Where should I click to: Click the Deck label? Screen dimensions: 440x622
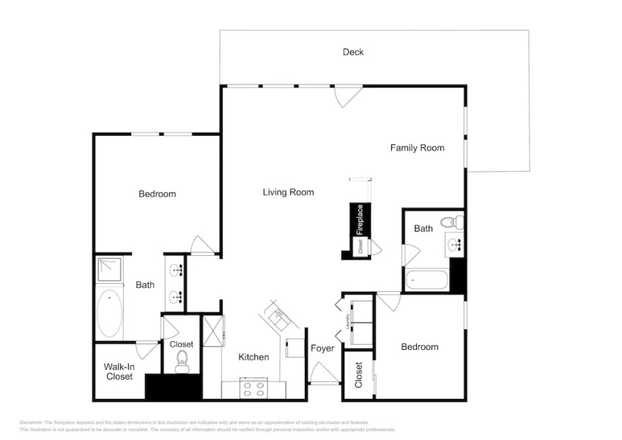[x=353, y=52]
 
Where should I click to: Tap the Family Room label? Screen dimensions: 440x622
[x=417, y=148]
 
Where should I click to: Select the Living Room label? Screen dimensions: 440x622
[x=288, y=192]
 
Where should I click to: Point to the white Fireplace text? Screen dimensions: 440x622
[x=360, y=219]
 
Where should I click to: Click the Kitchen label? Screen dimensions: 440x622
[x=253, y=357]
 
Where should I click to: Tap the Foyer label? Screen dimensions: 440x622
[x=322, y=348]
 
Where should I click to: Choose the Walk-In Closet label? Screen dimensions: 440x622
[x=118, y=371]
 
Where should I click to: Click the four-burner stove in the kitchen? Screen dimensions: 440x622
[x=254, y=389]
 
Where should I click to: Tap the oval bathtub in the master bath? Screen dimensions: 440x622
[x=110, y=312]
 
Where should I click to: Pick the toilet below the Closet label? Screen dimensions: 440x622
[x=182, y=361]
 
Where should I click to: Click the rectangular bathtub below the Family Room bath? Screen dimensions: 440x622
[x=426, y=280]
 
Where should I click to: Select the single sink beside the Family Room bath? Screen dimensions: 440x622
[x=455, y=245]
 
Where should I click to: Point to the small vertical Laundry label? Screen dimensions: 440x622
[x=347, y=320]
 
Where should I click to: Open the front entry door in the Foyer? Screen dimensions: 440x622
[x=323, y=374]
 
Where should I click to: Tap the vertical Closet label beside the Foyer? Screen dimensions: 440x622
[x=358, y=375]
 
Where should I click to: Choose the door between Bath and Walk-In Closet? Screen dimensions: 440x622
[x=147, y=349]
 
